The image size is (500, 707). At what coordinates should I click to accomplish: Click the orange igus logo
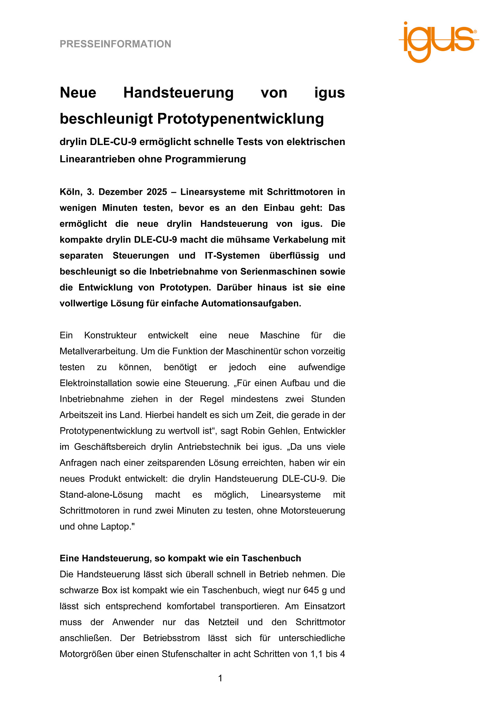pos(439,41)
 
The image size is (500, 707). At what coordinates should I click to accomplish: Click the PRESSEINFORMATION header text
pos(115,44)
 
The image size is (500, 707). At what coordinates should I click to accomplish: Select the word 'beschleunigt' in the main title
pos(106,119)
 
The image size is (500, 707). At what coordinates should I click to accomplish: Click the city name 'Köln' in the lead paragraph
pos(70,192)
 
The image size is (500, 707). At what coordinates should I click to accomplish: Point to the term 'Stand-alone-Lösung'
pos(101,495)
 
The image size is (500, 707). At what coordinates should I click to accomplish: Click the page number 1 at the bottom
pos(220,679)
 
